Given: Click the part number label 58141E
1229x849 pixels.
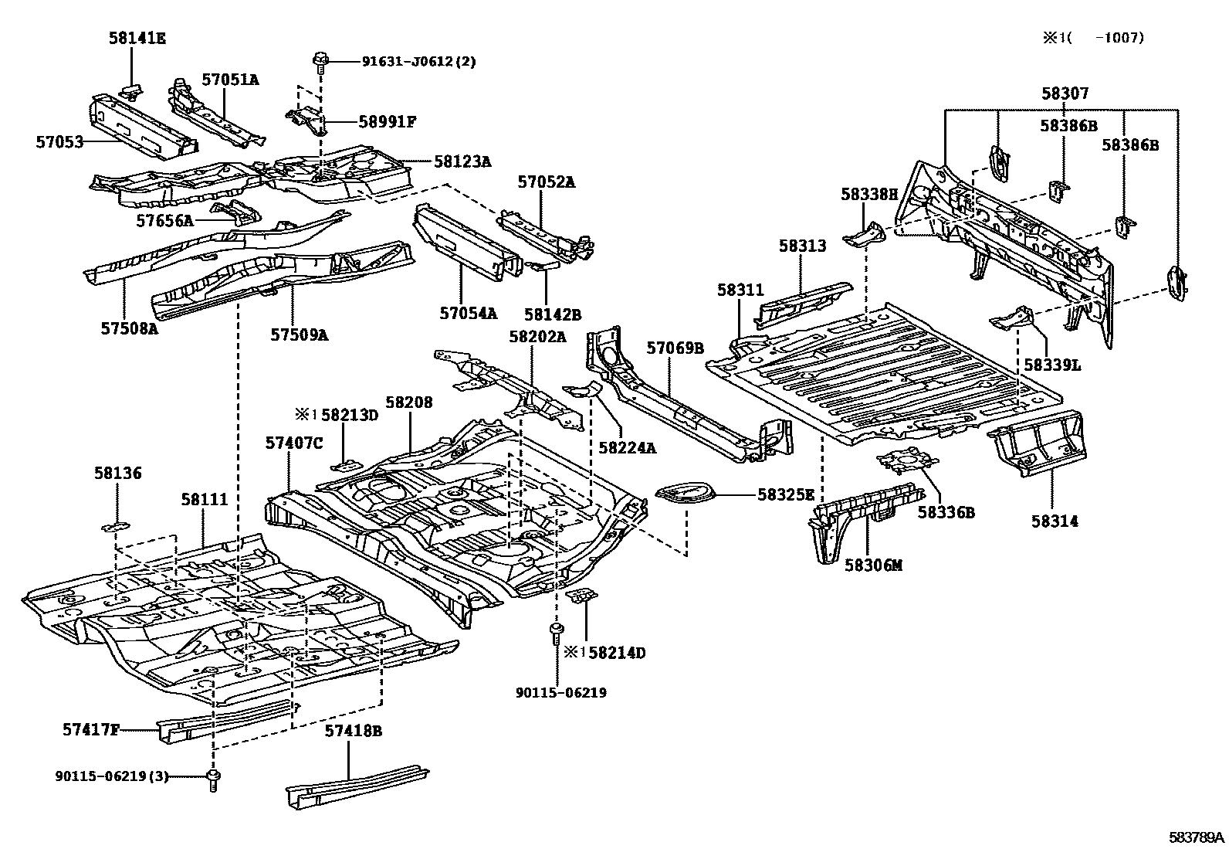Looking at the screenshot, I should tap(137, 38).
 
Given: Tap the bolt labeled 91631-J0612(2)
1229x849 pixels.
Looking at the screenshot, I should tap(320, 61).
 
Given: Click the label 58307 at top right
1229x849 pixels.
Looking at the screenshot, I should tap(1065, 93).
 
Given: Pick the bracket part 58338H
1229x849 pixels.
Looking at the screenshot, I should tap(863, 236).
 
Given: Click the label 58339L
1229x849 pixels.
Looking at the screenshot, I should tap(1051, 365).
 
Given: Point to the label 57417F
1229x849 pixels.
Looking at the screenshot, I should tap(90, 728).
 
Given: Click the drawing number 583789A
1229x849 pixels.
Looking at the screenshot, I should tap(1196, 837).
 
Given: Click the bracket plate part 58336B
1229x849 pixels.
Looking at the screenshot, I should tap(907, 461).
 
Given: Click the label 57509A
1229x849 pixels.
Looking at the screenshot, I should tap(299, 335).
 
